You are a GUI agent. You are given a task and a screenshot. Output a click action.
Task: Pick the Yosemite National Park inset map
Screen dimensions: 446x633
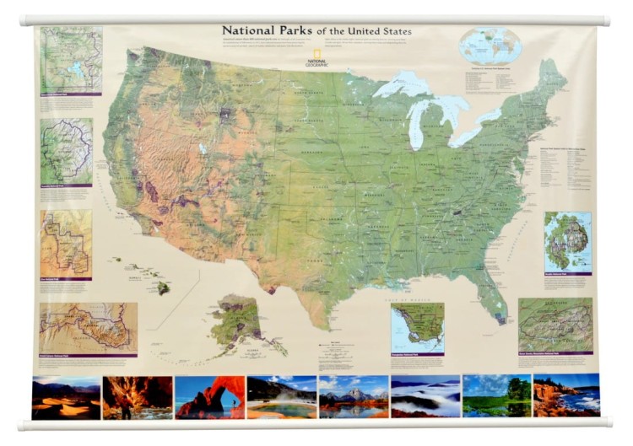point(67,152)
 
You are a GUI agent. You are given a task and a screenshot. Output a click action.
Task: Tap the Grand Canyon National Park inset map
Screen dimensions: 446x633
point(89,327)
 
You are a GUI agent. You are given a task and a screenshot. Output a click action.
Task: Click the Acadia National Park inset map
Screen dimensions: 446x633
point(567,241)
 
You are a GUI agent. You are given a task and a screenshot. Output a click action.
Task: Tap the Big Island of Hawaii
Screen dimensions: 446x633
point(163,287)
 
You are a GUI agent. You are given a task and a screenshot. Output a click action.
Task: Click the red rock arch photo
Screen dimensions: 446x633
point(209,397)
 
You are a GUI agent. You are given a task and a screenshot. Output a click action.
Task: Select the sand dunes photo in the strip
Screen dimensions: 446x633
point(66,397)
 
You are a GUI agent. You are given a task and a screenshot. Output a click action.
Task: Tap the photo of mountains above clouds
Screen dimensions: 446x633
point(425,397)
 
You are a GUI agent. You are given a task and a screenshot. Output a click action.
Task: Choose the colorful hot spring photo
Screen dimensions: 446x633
point(281,397)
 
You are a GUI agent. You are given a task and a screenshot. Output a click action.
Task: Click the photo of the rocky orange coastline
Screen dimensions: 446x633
point(566,397)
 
